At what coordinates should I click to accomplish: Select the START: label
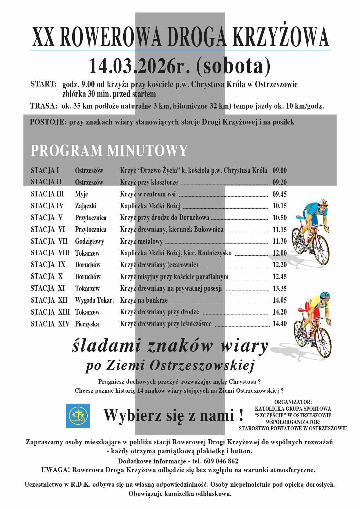[43, 84]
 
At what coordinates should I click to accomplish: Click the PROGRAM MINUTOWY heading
[109, 150]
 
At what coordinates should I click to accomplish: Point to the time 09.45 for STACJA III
[279, 194]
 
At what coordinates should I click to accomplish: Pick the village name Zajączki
[86, 206]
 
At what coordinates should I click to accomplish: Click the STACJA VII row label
[49, 241]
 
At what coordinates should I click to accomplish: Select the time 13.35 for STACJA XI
[279, 288]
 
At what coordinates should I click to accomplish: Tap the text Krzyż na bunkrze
[144, 300]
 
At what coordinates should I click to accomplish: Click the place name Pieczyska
[87, 324]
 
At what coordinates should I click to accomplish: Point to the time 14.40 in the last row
[279, 324]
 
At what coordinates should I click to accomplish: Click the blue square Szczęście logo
[78, 416]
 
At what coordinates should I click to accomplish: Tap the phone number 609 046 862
[221, 461]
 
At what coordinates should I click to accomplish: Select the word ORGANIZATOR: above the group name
[293, 402]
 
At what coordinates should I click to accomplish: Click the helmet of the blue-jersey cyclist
[323, 202]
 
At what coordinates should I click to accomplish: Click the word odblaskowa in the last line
[214, 494]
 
